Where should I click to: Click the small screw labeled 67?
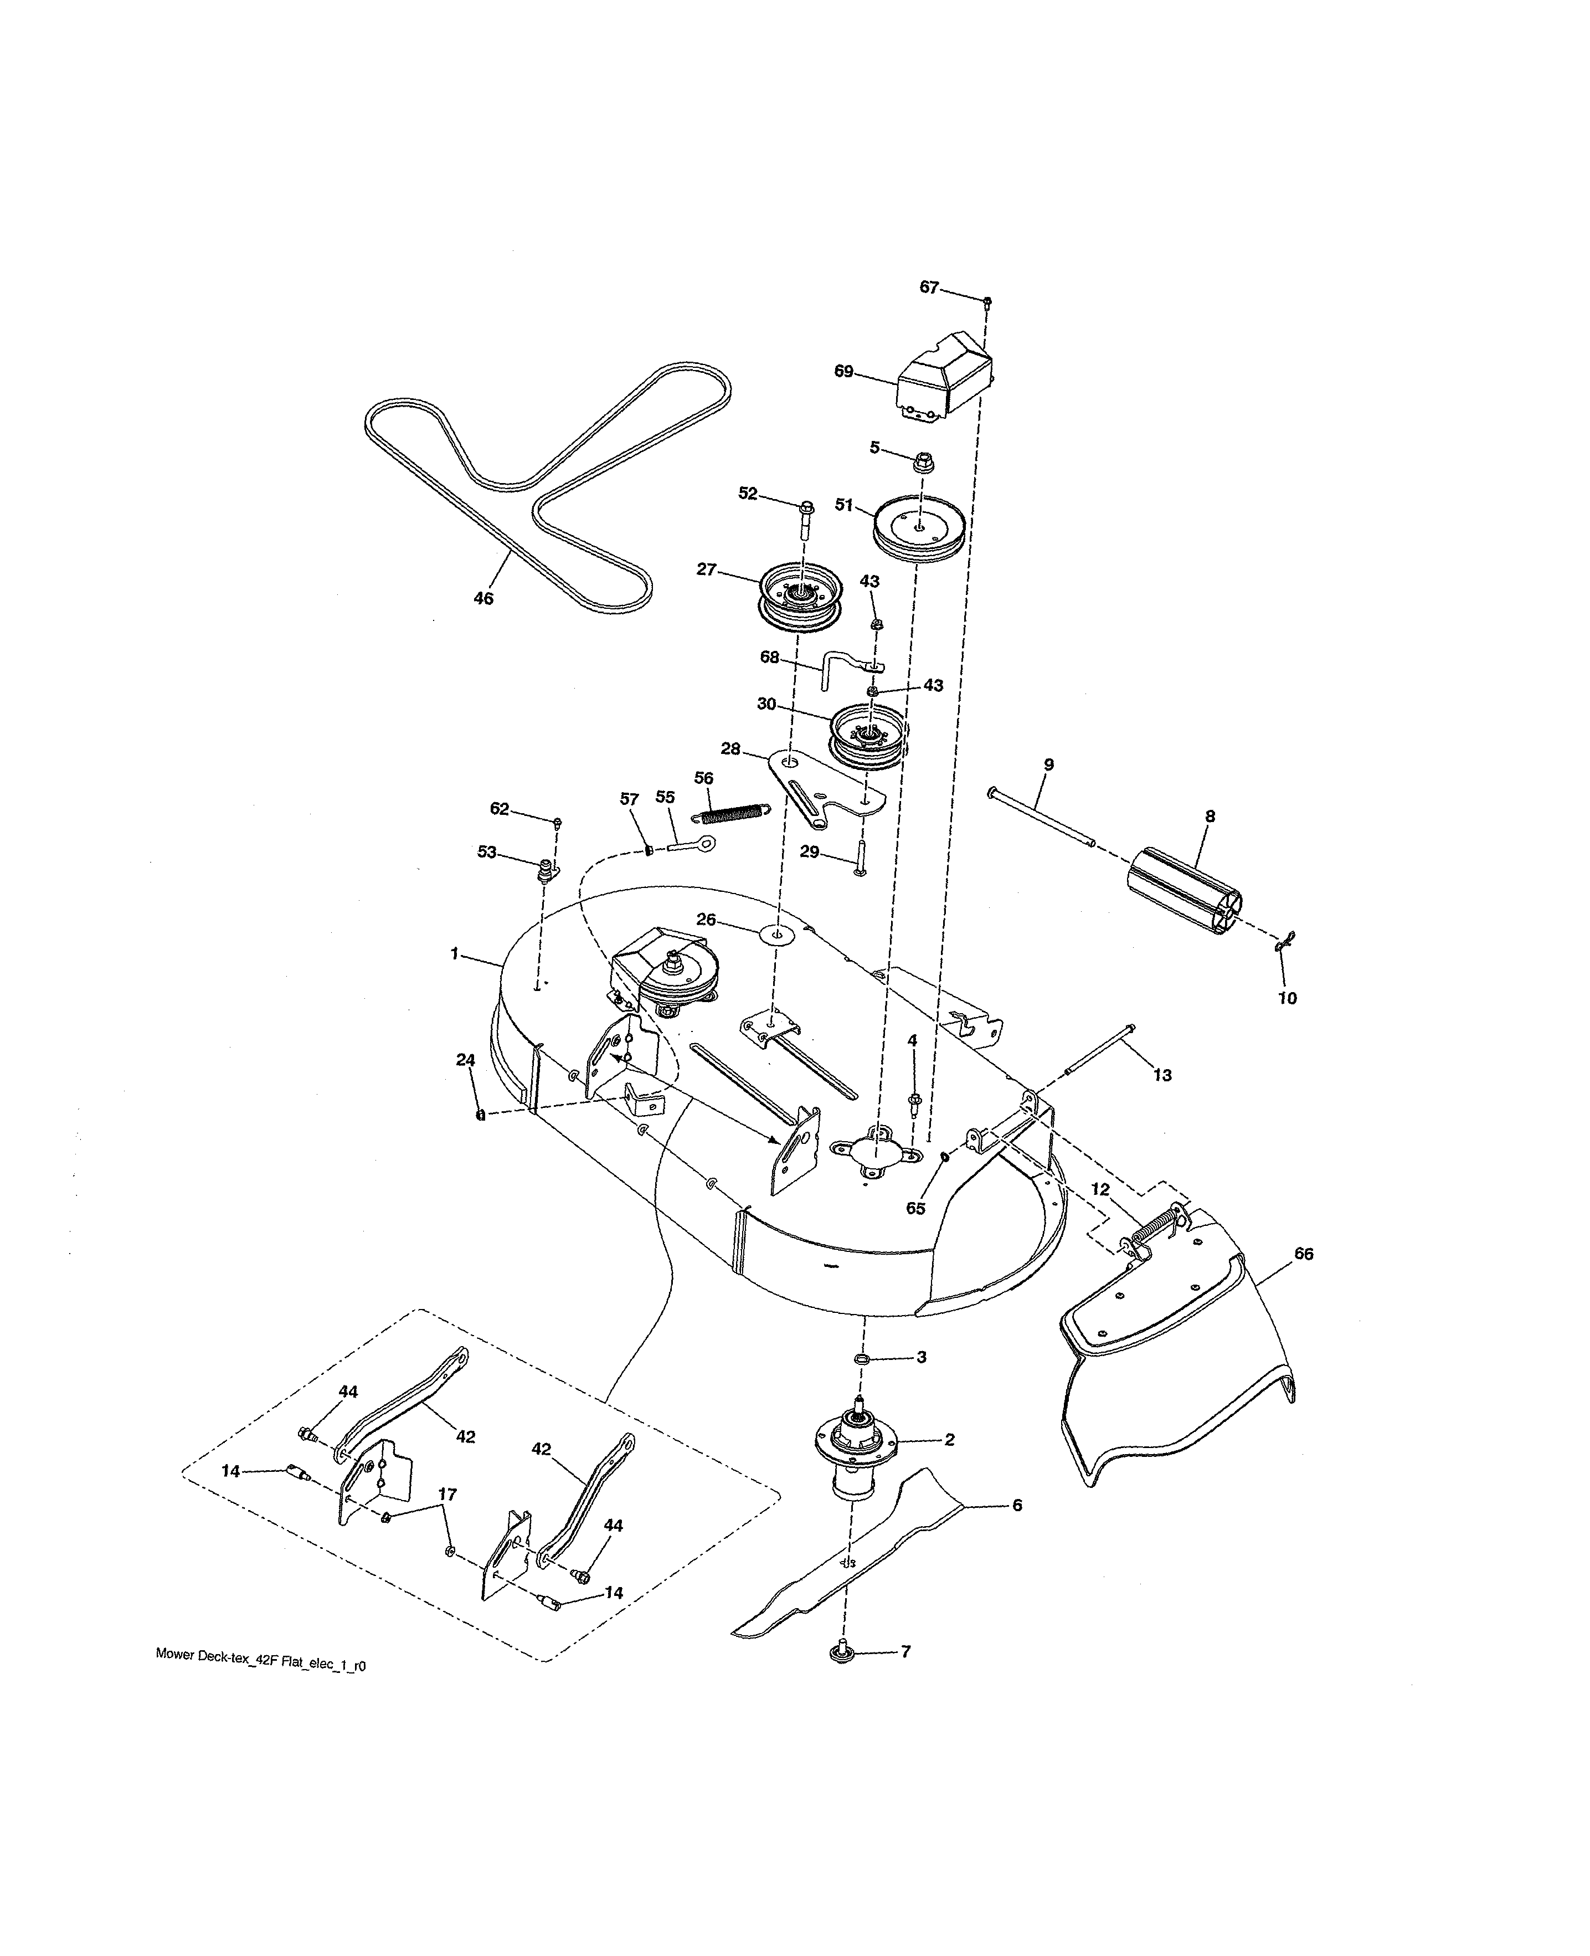[987, 300]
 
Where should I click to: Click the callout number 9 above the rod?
[1049, 764]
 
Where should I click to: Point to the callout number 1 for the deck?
[454, 954]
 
